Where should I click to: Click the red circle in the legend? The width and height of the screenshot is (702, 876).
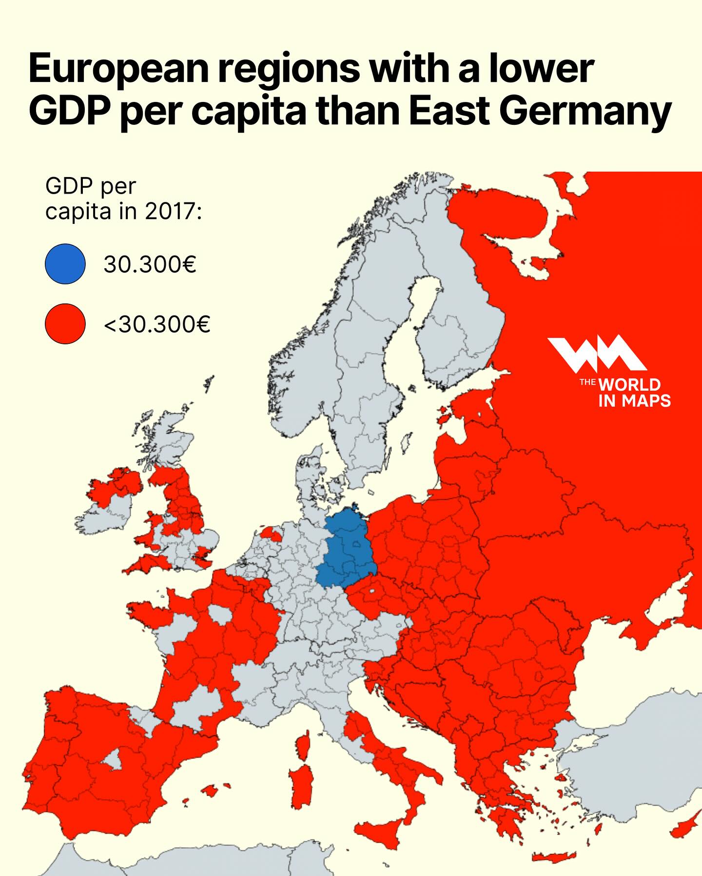point(65,324)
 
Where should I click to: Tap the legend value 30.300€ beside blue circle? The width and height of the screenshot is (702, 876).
point(150,264)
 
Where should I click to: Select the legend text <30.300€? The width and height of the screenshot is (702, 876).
point(157,324)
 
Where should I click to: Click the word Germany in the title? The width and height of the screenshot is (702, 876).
point(585,111)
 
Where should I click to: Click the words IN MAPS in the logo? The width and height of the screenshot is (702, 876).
point(634,401)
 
